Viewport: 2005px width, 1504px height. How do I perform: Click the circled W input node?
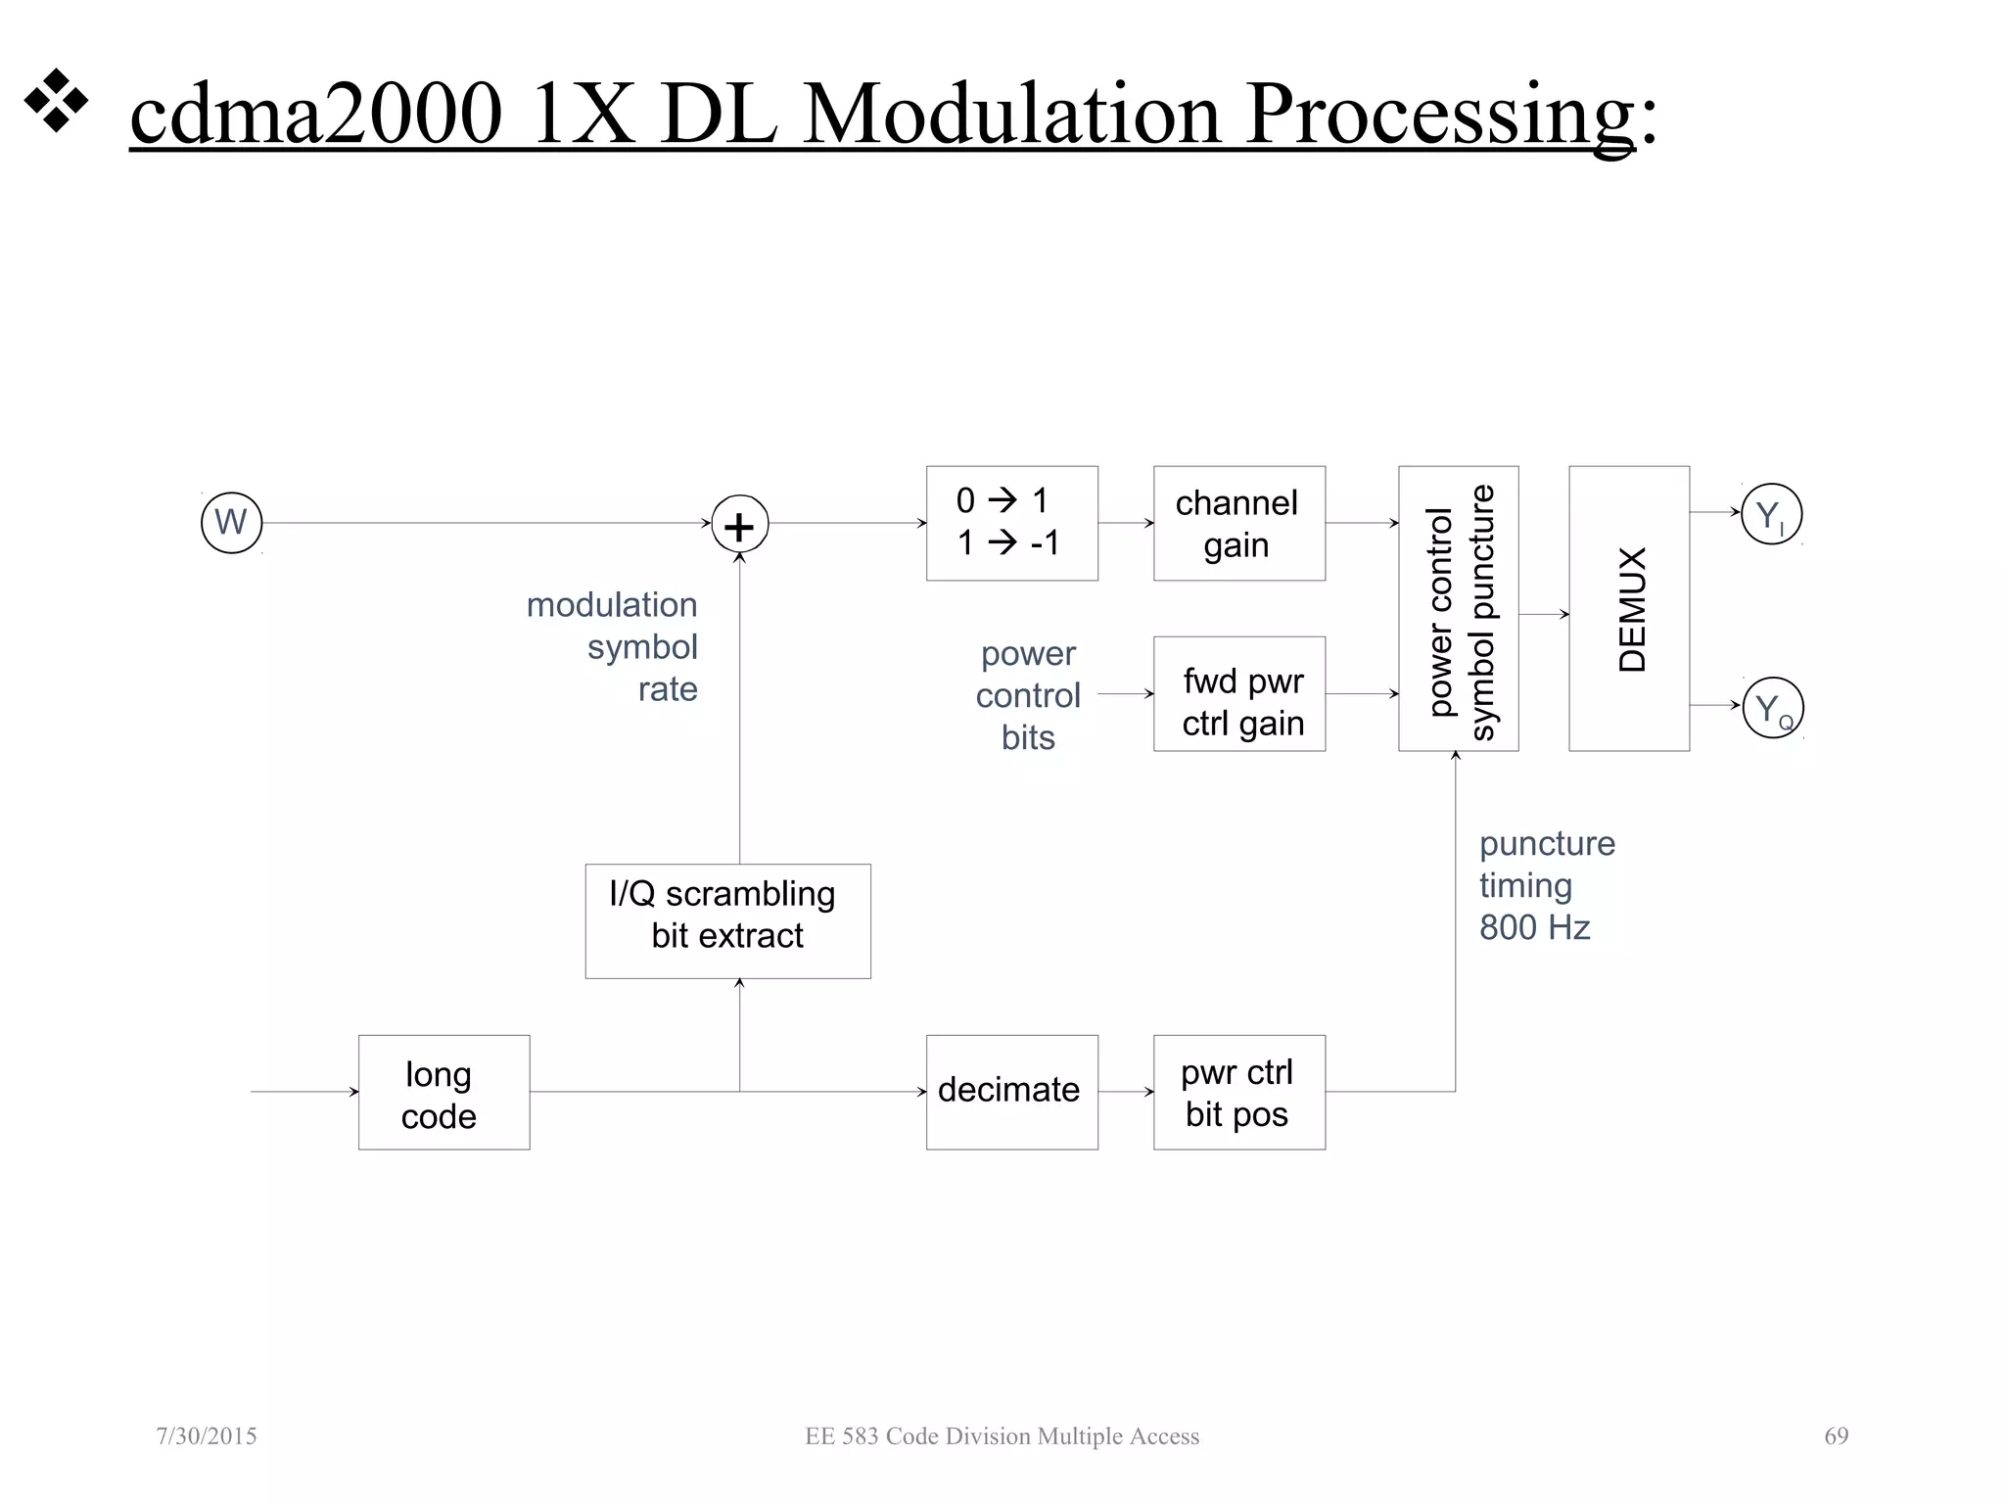point(231,523)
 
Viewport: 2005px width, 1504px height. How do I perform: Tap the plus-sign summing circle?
point(739,525)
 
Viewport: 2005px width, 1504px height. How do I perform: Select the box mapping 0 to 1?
point(1011,523)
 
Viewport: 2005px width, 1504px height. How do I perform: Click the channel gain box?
point(1238,523)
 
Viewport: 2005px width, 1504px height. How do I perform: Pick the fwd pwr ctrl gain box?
point(1238,694)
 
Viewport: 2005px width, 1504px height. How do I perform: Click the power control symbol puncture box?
point(1458,609)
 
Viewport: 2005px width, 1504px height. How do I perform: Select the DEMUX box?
point(1628,609)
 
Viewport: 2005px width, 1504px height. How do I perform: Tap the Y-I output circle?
point(1771,515)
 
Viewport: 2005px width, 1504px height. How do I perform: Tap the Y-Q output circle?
point(1772,708)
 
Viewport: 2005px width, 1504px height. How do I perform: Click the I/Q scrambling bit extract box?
point(727,920)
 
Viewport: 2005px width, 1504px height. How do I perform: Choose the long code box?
point(443,1093)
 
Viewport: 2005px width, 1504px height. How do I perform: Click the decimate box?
point(1011,1093)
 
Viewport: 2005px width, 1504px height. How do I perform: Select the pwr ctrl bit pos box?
point(1238,1093)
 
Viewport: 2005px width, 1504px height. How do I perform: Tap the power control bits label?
point(1028,695)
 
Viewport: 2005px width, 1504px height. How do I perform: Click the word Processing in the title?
point(1440,116)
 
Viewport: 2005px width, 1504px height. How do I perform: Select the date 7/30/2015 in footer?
point(207,1436)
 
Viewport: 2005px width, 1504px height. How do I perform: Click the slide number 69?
point(1836,1436)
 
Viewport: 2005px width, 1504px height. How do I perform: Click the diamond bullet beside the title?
point(56,100)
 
